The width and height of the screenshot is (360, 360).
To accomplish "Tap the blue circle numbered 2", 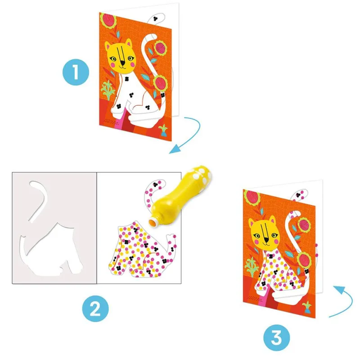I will [x=95, y=310].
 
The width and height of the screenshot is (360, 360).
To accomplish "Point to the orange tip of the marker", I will [x=153, y=221].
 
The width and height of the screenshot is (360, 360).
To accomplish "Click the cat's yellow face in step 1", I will [x=120, y=57].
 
